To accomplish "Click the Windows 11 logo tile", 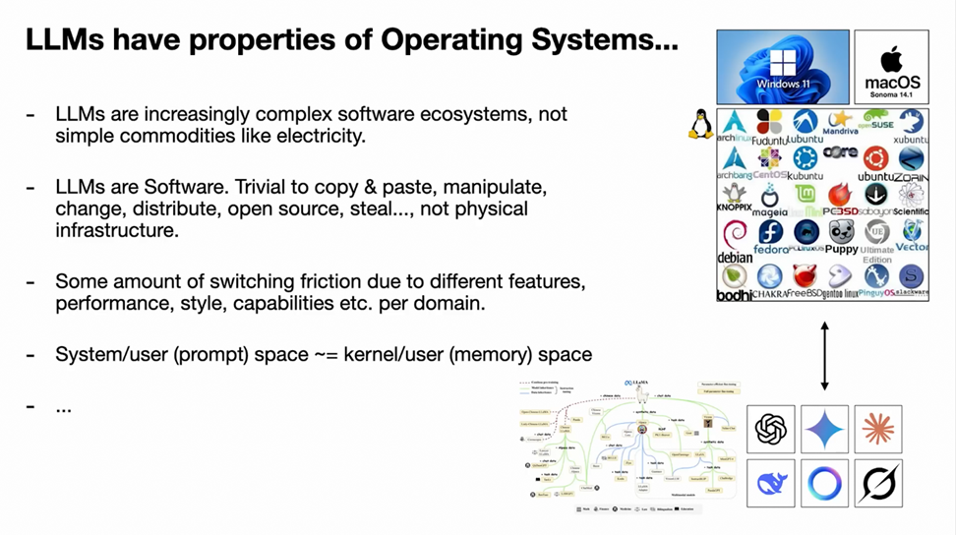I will (x=783, y=66).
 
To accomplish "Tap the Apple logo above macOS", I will (x=892, y=57).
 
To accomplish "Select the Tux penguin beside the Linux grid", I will (x=700, y=124).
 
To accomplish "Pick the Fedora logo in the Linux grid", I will (x=770, y=233).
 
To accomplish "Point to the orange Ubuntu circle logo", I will (x=875, y=158).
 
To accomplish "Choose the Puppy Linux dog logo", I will (x=841, y=233).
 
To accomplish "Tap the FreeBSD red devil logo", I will (x=806, y=277).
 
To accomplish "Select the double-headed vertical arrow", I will (x=824, y=355).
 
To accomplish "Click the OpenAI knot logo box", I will (x=771, y=429).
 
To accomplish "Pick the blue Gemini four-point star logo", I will (x=824, y=429).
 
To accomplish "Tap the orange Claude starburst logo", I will (x=877, y=429).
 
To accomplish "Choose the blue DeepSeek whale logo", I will (x=771, y=483).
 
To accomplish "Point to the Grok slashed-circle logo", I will (x=877, y=483).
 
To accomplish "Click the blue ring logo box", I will (x=824, y=483).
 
